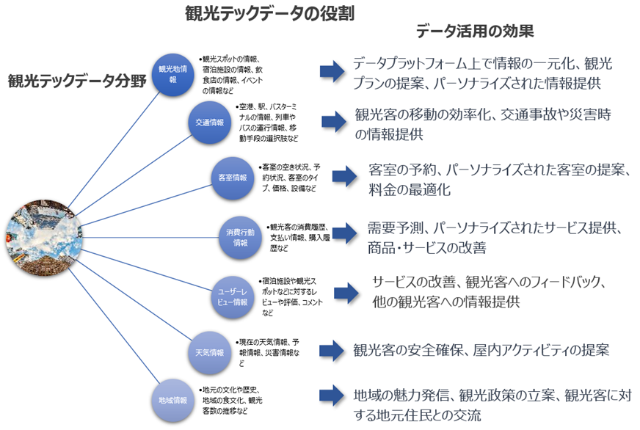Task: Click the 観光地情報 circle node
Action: pyautogui.click(x=174, y=74)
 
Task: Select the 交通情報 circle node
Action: pyautogui.click(x=210, y=123)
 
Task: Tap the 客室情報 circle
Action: pyautogui.click(x=233, y=177)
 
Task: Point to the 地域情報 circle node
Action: pyautogui.click(x=174, y=400)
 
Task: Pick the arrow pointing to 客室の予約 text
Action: pyautogui.click(x=343, y=176)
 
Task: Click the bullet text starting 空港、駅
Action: pyautogui.click(x=268, y=123)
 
